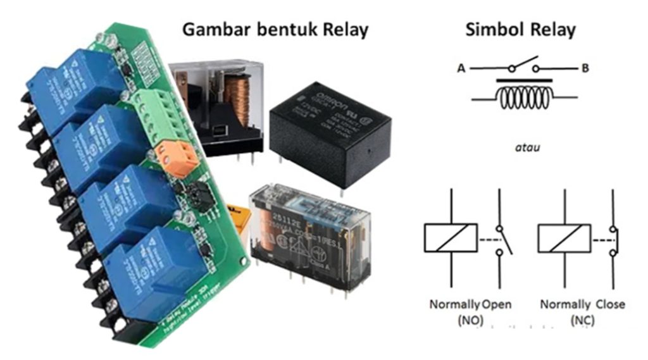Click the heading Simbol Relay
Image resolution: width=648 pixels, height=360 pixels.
click(x=521, y=29)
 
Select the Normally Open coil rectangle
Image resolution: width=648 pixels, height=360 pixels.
click(x=451, y=238)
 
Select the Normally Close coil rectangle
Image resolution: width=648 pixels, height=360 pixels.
click(x=564, y=238)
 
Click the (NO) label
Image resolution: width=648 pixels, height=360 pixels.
click(x=470, y=321)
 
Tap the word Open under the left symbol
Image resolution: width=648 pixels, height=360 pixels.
click(x=497, y=304)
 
